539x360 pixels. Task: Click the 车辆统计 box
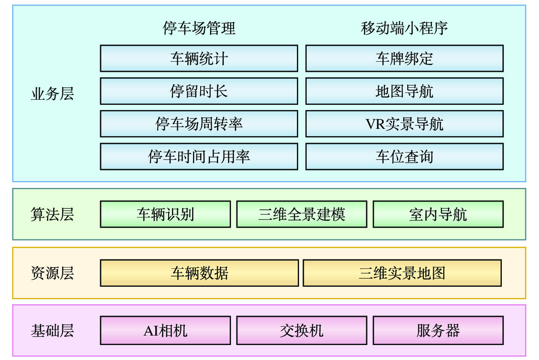(199, 58)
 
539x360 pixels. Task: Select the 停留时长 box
(199, 91)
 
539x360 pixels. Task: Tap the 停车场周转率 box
(199, 124)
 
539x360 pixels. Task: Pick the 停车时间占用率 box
(199, 156)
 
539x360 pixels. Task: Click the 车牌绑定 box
(404, 58)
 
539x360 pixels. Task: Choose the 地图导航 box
(404, 91)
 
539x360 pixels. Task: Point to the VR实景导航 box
(404, 124)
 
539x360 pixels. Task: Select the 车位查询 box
(404, 156)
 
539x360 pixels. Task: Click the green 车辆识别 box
(165, 214)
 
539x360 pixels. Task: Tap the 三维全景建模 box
(302, 214)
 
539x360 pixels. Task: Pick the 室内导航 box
(438, 214)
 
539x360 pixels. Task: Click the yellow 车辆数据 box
(199, 273)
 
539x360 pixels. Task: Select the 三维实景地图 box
(402, 273)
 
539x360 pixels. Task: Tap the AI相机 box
(165, 330)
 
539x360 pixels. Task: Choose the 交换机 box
(302, 330)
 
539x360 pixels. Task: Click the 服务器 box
(438, 330)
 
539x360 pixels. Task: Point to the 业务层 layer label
(52, 94)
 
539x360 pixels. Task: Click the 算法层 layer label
(52, 214)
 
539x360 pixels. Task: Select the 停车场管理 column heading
(199, 28)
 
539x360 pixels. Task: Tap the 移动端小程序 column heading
(404, 28)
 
